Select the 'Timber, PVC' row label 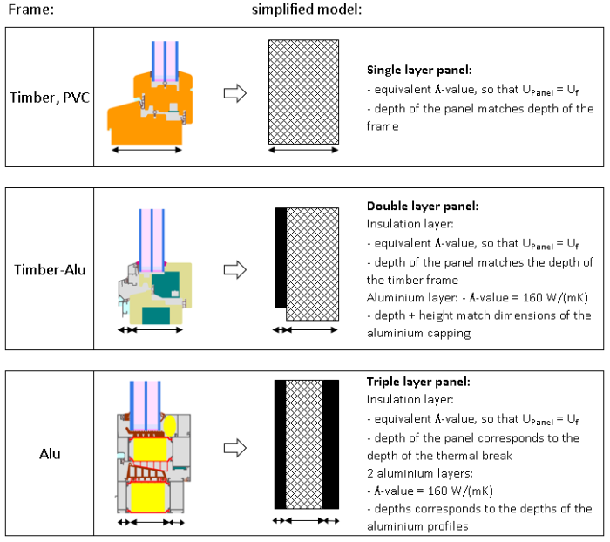tap(48, 97)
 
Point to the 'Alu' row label tap(49, 453)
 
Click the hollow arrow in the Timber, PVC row tap(234, 94)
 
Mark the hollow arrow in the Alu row tap(234, 448)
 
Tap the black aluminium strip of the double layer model tap(281, 258)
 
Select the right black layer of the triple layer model tap(330, 444)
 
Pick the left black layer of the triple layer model tap(280, 444)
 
